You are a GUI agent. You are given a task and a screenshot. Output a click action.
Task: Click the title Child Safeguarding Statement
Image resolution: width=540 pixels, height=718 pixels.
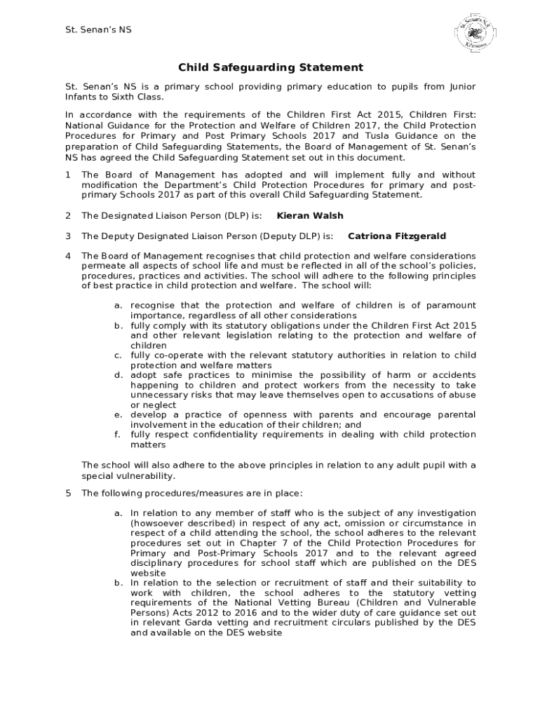click(270, 67)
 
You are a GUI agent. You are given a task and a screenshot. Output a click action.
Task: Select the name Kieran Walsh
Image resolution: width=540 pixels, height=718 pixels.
click(310, 216)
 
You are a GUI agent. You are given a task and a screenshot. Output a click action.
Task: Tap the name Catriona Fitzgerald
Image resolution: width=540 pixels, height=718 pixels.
click(396, 236)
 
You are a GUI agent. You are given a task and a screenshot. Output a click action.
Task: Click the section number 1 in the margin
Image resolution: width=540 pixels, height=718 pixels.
click(68, 175)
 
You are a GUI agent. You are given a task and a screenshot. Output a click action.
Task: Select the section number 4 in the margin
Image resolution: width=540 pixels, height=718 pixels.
click(68, 256)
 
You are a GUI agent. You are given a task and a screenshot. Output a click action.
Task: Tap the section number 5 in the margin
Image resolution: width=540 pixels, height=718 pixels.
click(68, 493)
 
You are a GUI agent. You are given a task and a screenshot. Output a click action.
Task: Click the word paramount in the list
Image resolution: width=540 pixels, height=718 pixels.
click(450, 306)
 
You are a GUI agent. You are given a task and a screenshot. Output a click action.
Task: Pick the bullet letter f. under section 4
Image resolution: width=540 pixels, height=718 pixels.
click(117, 435)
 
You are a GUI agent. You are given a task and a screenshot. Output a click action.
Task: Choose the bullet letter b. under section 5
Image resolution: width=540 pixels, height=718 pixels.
click(118, 583)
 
